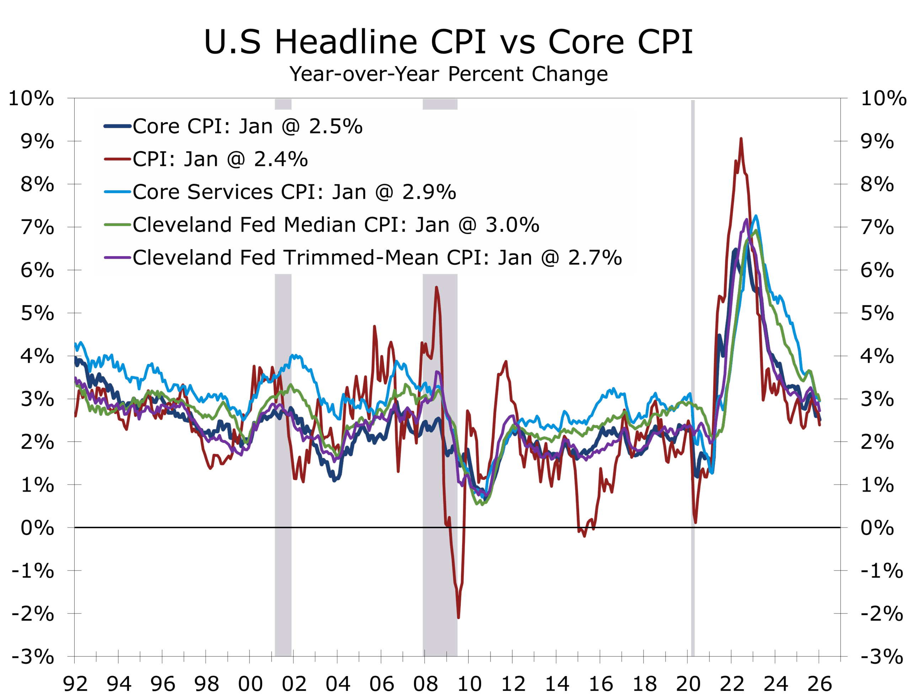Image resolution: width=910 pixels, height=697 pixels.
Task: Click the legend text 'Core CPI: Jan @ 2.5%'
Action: [247, 126]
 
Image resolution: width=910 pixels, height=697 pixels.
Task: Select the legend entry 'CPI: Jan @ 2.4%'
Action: [220, 159]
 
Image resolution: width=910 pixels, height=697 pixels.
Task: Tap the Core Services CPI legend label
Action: [294, 192]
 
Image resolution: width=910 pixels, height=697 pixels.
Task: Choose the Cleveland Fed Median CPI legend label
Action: [336, 225]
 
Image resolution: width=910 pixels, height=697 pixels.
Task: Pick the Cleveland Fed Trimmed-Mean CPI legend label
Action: [377, 258]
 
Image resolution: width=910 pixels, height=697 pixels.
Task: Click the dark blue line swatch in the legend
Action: [118, 126]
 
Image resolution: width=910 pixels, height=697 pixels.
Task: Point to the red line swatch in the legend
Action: [118, 159]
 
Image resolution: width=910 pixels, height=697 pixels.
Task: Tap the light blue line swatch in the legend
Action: [118, 192]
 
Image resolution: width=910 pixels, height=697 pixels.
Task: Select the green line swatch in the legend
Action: [118, 225]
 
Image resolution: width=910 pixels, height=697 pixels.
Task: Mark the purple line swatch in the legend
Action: [118, 257]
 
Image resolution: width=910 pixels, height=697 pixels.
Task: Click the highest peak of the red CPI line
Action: [741, 139]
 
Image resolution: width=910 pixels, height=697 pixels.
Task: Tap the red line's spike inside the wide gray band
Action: [436, 287]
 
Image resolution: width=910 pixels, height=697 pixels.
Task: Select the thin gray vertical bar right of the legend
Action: [693, 373]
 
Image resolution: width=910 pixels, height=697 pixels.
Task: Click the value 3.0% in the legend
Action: [512, 225]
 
